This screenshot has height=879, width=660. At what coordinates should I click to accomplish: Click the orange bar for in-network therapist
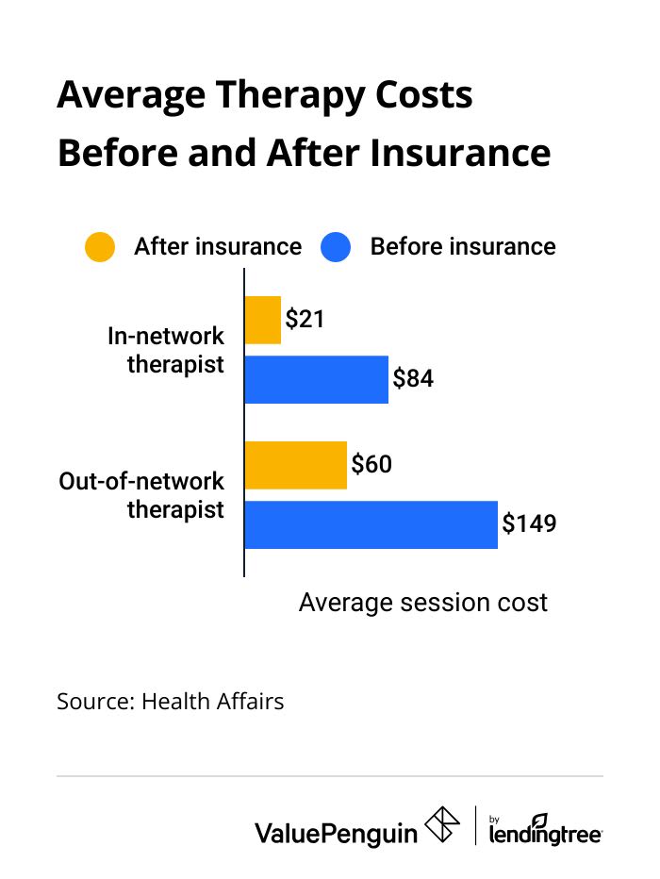pyautogui.click(x=263, y=320)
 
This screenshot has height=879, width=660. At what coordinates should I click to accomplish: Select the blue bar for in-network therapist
pyautogui.click(x=317, y=379)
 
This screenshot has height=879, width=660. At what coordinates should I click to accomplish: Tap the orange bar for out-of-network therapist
pyautogui.click(x=295, y=465)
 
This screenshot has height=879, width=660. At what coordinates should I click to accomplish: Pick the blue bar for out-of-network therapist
pyautogui.click(x=371, y=524)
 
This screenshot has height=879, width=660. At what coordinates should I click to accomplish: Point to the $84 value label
pyautogui.click(x=413, y=379)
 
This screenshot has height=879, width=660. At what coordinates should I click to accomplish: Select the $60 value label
pyautogui.click(x=371, y=465)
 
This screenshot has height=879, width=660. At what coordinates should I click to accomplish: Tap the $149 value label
pyautogui.click(x=529, y=524)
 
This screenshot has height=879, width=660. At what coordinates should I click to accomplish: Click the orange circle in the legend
pyautogui.click(x=100, y=247)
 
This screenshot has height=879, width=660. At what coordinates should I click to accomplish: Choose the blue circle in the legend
pyautogui.click(x=336, y=247)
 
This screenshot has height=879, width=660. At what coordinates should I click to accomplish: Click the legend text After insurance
pyautogui.click(x=218, y=247)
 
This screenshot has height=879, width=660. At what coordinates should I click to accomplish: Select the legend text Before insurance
pyautogui.click(x=463, y=247)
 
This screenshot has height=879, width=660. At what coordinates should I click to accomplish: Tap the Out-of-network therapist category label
pyautogui.click(x=142, y=495)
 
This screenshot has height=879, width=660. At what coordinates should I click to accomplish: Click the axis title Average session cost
pyautogui.click(x=423, y=603)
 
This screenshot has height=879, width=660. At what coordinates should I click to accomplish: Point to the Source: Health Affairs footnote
pyautogui.click(x=170, y=702)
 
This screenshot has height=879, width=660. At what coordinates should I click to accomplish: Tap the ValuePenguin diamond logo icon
pyautogui.click(x=444, y=825)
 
